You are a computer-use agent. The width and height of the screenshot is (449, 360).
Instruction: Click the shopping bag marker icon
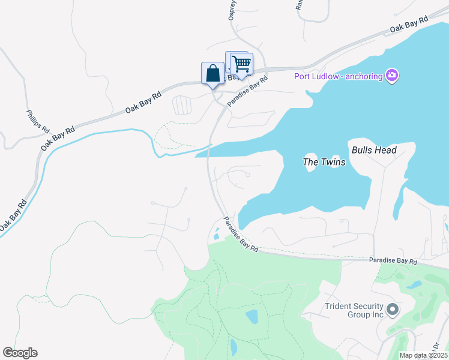pos(212,73)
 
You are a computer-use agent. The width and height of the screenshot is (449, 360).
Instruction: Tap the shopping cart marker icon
pos(241,63)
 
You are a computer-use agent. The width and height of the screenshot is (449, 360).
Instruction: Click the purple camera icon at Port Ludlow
pos(392,76)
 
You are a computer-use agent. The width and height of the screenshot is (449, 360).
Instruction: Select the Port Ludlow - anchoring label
pos(339,76)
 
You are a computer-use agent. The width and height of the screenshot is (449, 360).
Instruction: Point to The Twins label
pos(324,162)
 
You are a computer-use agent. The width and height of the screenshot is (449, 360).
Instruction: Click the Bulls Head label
pos(375,150)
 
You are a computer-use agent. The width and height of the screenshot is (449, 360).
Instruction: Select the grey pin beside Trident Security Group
pos(393,310)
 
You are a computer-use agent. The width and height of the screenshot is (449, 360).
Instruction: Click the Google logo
pos(20,353)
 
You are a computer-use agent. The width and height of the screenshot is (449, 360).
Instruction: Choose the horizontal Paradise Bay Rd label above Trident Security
pos(393,261)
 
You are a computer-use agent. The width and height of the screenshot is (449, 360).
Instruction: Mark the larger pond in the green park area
pos(252,316)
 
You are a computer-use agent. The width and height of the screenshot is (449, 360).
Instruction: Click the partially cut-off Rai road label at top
pos(299,5)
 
